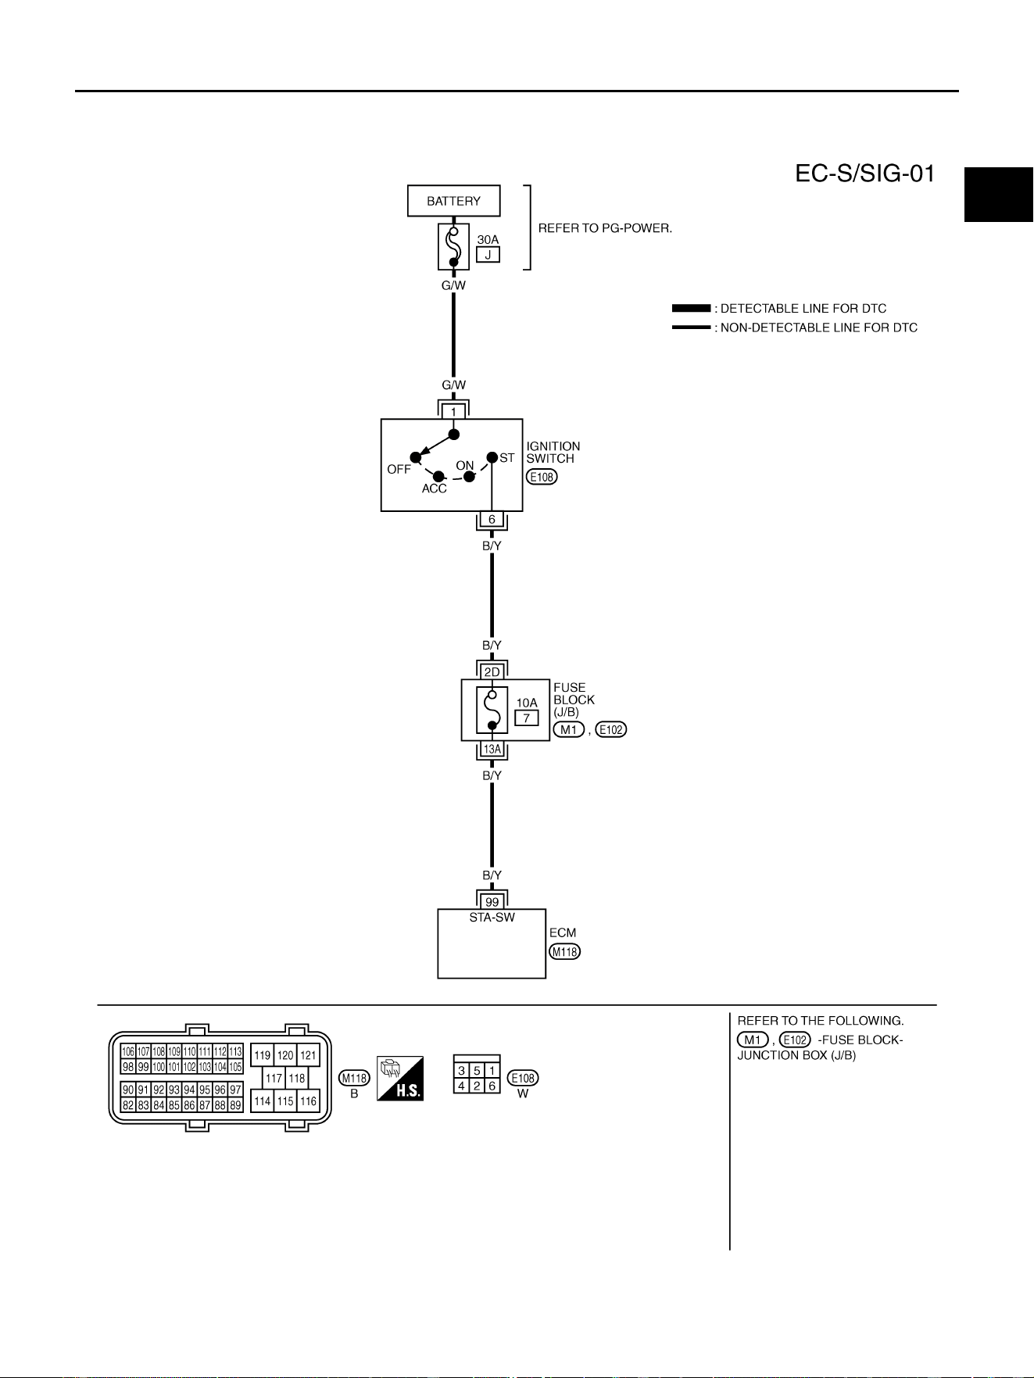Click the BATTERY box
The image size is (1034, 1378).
pos(453,201)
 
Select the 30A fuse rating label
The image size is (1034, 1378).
pos(488,239)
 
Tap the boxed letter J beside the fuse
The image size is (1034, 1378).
pos(488,254)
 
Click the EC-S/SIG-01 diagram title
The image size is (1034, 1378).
pos(864,174)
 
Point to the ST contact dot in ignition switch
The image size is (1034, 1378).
pos(492,457)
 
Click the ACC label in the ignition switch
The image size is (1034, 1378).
pos(435,489)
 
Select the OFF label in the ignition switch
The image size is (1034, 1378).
pos(399,470)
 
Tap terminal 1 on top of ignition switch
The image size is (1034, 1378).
pos(453,412)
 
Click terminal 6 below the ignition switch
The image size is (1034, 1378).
pos(492,520)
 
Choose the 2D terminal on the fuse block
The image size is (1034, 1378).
pos(492,672)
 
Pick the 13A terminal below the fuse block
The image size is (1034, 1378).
pos(492,749)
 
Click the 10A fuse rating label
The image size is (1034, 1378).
pos(527,703)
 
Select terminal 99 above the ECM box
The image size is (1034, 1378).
pos(492,902)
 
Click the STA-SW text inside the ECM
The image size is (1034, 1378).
pos(492,918)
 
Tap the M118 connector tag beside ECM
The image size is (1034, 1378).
pos(565,952)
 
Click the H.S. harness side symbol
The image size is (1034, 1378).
pos(400,1079)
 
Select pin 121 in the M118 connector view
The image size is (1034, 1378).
pos(309,1055)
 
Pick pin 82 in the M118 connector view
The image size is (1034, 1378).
pos(128,1105)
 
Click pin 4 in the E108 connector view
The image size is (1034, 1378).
pos(462,1086)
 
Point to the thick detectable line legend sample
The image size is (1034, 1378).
pos(692,309)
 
